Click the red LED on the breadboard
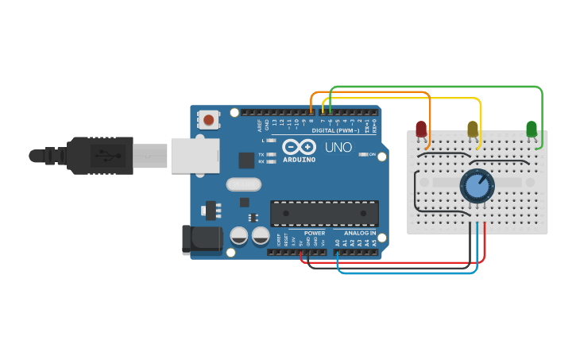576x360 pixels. tap(421, 128)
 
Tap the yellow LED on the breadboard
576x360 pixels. tap(473, 128)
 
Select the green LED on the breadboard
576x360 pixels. tap(532, 128)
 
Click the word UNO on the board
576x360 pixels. tap(337, 147)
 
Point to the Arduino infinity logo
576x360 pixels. tap(299, 147)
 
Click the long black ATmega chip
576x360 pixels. tap(324, 213)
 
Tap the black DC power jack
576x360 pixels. tap(202, 240)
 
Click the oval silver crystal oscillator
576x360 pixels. tap(243, 184)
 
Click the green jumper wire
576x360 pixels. tap(437, 86)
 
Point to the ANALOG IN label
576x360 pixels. tap(360, 234)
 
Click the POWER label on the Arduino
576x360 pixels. tap(314, 234)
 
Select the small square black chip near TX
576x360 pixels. tap(246, 160)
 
